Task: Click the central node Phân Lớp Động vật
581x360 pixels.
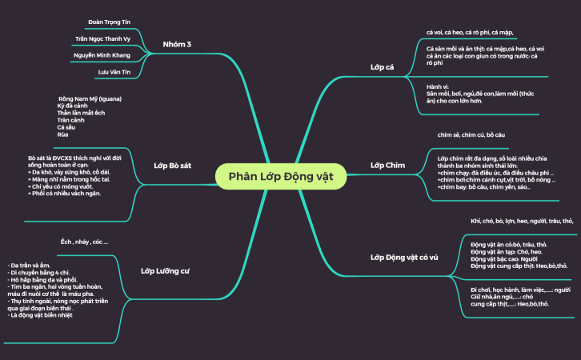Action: click(281, 175)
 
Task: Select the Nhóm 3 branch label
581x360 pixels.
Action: click(176, 44)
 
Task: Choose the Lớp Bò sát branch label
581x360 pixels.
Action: click(172, 165)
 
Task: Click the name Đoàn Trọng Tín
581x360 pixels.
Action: click(108, 21)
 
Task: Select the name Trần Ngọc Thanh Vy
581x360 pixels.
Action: click(102, 38)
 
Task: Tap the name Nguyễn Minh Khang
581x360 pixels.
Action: click(102, 55)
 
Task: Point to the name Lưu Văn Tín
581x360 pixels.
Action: click(114, 72)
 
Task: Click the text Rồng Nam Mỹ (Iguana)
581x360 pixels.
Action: click(89, 98)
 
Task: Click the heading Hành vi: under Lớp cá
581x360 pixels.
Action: click(439, 86)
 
